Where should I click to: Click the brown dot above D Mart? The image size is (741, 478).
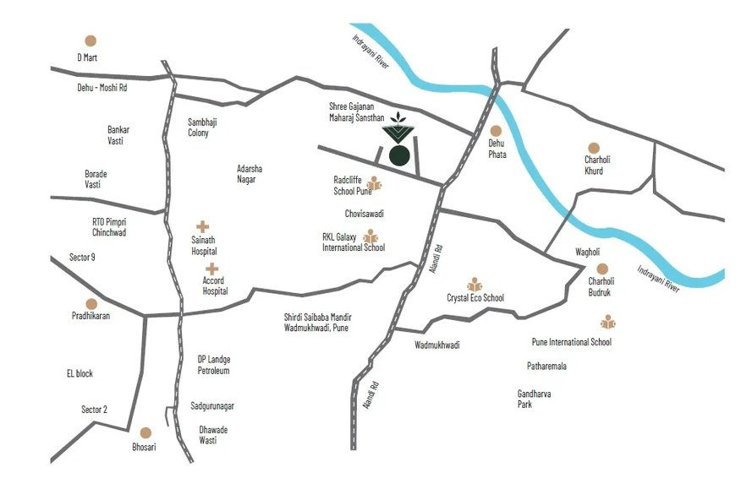point(91,40)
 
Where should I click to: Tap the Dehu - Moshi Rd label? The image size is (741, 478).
point(102,87)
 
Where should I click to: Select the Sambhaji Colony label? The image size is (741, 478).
point(202,128)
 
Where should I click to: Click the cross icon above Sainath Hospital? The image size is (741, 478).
point(203,226)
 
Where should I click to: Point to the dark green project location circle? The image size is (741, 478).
point(399,155)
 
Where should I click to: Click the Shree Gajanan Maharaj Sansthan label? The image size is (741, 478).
point(356,112)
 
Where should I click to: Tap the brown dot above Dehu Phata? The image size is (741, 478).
point(496,131)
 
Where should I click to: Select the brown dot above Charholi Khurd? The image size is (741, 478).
point(593,148)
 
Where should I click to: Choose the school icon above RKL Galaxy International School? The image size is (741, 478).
point(370,236)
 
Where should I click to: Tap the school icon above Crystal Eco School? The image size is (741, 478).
point(475,284)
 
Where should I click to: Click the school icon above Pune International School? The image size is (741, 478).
point(607,322)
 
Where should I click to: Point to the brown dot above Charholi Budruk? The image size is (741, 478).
point(602,269)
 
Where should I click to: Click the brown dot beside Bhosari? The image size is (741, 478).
point(145,432)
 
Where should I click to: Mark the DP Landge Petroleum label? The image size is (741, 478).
point(213,365)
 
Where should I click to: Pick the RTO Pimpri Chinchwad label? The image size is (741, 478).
point(109,226)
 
